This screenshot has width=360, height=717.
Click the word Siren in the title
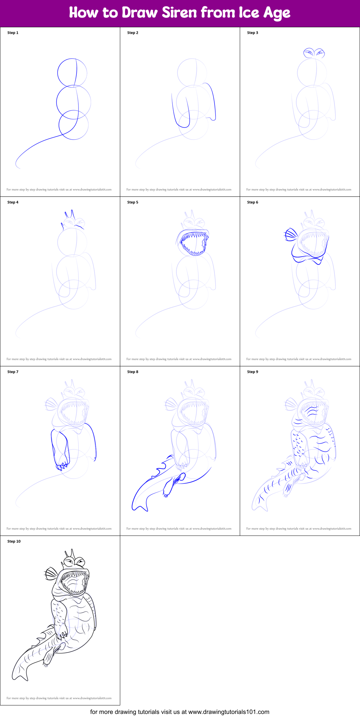pos(179,13)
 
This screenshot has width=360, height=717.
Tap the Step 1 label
pos(13,33)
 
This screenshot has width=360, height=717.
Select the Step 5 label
pos(132,202)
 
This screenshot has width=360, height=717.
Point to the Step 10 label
pos(14,541)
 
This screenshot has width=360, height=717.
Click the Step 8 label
pos(132,372)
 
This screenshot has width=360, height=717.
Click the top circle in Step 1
pos(72,72)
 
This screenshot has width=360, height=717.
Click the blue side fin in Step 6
pos(291,235)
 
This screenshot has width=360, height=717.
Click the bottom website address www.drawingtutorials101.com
pos(229,712)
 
